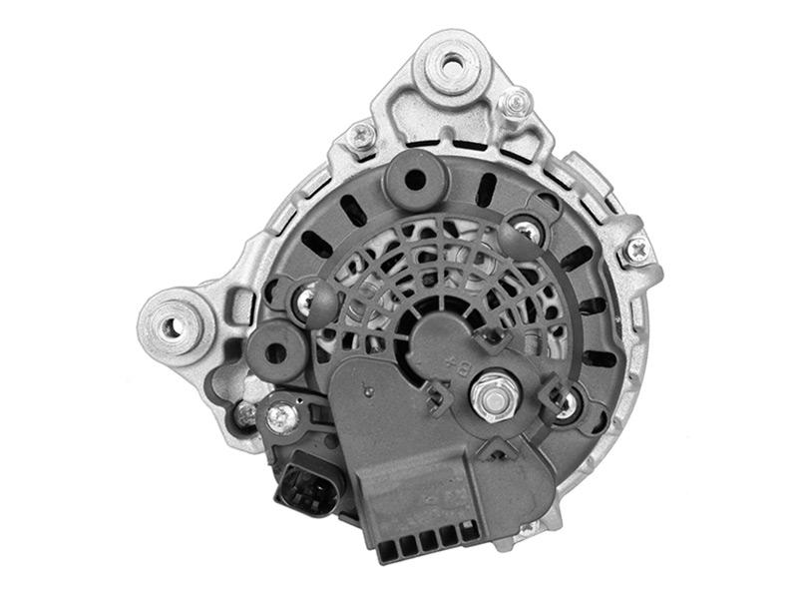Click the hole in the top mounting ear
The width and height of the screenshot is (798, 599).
point(451,65)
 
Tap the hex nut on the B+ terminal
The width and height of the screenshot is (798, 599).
point(492,396)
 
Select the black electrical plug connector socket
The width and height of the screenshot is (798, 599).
point(308,484)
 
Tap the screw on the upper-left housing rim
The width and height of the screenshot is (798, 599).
point(362,135)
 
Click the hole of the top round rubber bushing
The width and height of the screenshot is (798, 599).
point(416,179)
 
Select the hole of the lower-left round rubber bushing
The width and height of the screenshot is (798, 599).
point(276,350)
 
